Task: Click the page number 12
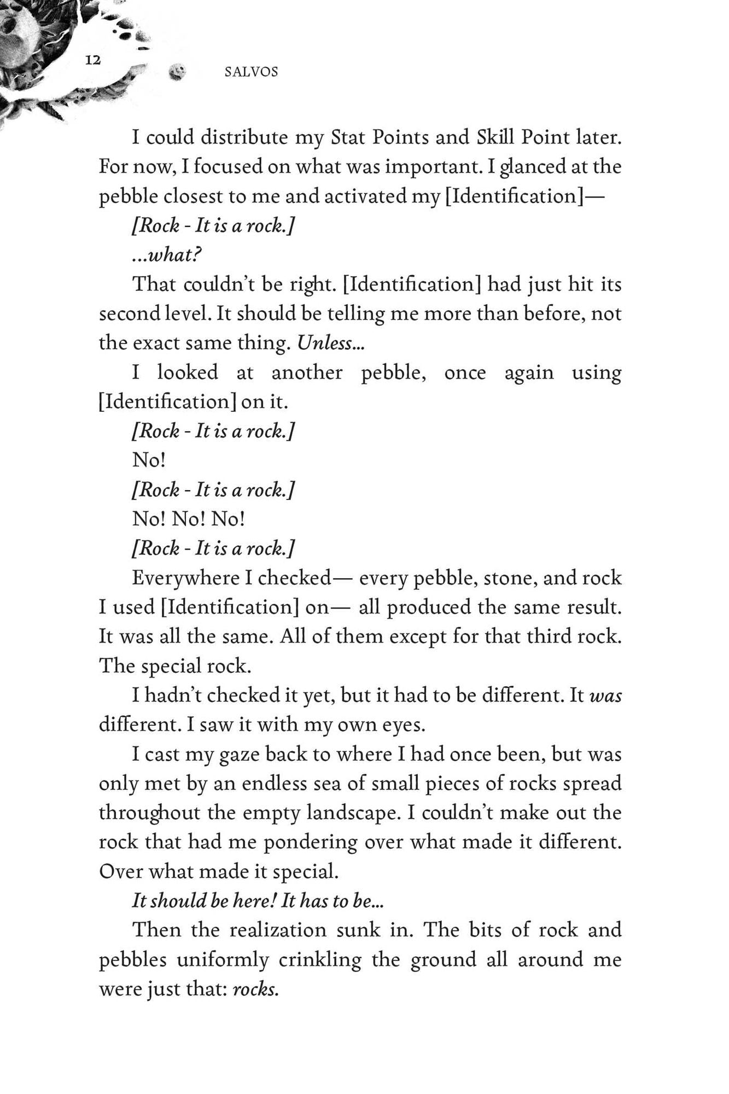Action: [x=93, y=60]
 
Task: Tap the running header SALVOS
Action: [x=251, y=72]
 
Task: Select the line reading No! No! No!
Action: [x=189, y=519]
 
